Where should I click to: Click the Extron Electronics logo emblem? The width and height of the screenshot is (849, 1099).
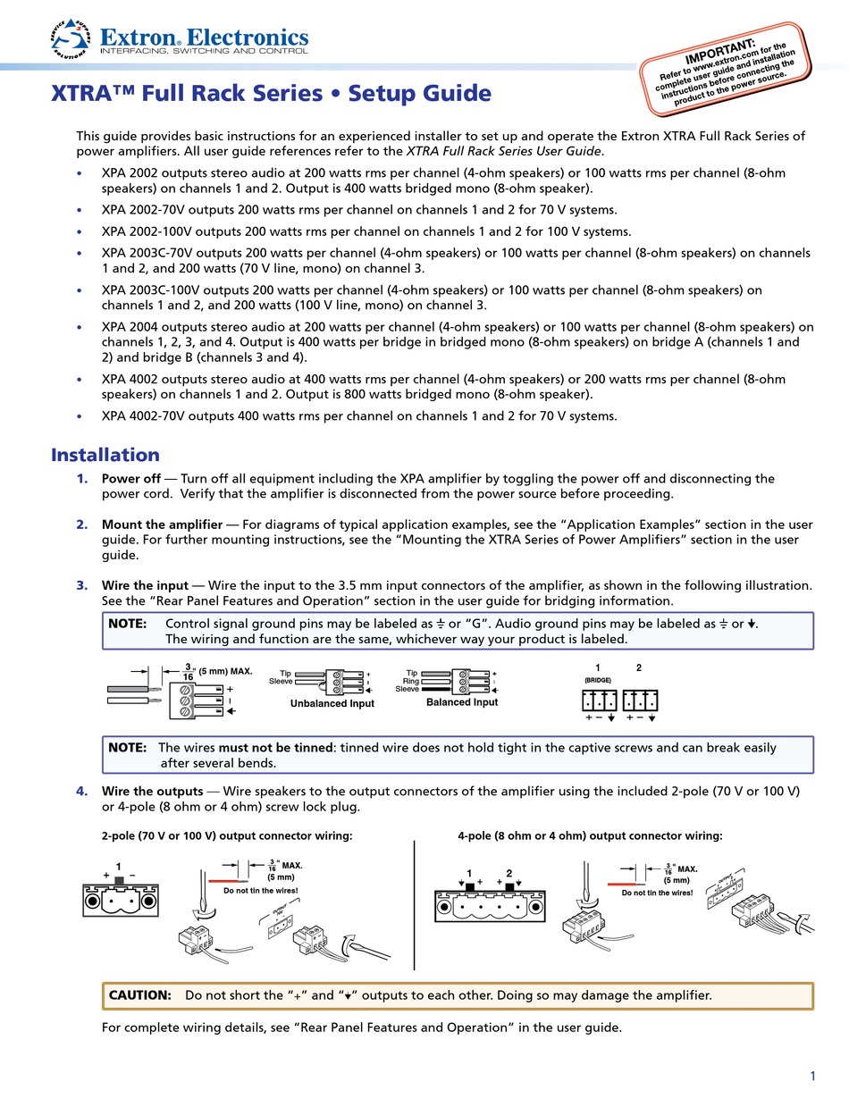tap(71, 38)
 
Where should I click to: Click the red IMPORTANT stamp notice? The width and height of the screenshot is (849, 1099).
tap(725, 69)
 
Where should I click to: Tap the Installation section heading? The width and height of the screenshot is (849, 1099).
tap(105, 454)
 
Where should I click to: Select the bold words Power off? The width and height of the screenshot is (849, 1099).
tap(131, 478)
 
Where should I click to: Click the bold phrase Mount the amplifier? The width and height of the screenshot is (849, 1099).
tap(162, 524)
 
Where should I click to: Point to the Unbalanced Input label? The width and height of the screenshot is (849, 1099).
tap(332, 703)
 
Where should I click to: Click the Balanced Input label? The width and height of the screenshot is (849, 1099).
tap(462, 702)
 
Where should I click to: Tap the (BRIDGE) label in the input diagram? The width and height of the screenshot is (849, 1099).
tap(598, 680)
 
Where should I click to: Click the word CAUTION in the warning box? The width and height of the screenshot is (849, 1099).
tap(140, 995)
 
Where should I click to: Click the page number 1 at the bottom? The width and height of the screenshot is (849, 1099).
tap(812, 1076)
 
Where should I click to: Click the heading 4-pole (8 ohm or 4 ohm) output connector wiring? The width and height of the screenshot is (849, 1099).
tap(590, 835)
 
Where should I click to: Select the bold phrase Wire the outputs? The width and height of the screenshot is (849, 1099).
tap(152, 791)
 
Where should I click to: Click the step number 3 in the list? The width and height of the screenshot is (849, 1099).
tap(82, 585)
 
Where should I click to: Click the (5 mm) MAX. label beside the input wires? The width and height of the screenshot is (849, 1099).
tap(225, 672)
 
